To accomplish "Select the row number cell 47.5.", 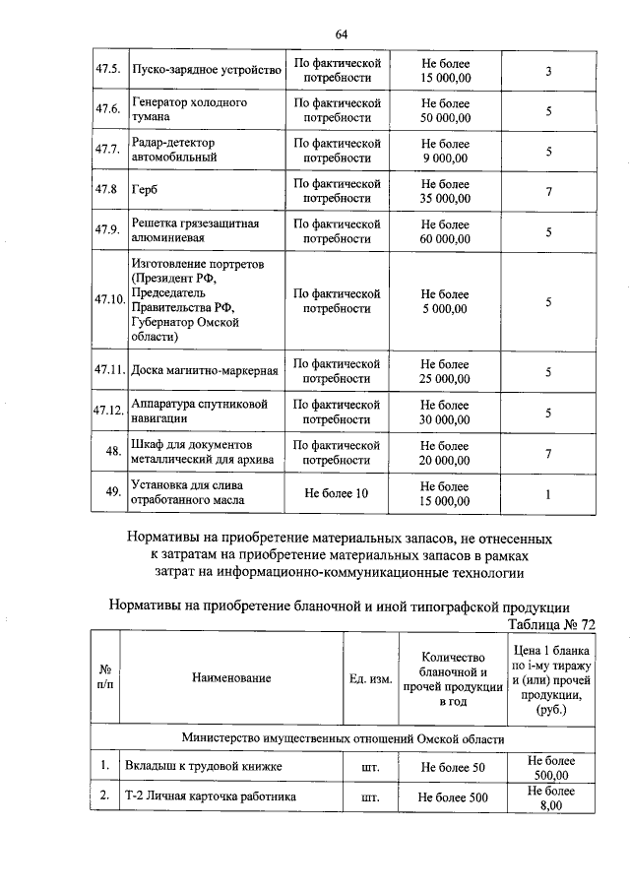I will [107, 70].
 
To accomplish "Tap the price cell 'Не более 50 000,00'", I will [445, 110].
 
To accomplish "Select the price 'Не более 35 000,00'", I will [445, 190].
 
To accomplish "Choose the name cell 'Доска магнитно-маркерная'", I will [205, 371].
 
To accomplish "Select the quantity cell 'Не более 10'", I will [337, 492].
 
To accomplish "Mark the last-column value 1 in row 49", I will [547, 492].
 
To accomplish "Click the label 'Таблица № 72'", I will [550, 624].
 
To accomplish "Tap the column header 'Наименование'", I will [231, 677].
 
